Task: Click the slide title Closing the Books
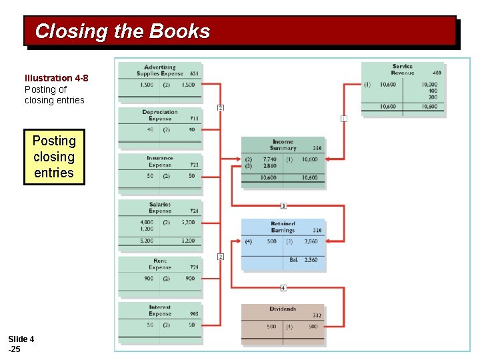point(122,31)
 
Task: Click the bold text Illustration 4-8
point(56,78)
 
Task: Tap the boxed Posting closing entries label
point(54,157)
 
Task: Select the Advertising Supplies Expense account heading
point(160,70)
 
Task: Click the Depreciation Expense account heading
point(160,115)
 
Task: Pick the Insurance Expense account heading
point(160,161)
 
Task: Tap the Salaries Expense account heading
point(160,207)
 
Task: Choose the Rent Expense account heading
point(160,264)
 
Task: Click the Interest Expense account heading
point(160,310)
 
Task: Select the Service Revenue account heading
point(402,69)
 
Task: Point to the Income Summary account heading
point(283,145)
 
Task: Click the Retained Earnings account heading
point(283,227)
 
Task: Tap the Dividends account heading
point(283,309)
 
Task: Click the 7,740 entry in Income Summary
point(269,160)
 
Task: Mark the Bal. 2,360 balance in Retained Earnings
point(303,260)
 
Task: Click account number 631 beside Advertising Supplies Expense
point(194,73)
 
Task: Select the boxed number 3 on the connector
point(283,206)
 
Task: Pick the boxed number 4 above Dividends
point(283,288)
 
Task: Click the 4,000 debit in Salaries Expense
point(146,222)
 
